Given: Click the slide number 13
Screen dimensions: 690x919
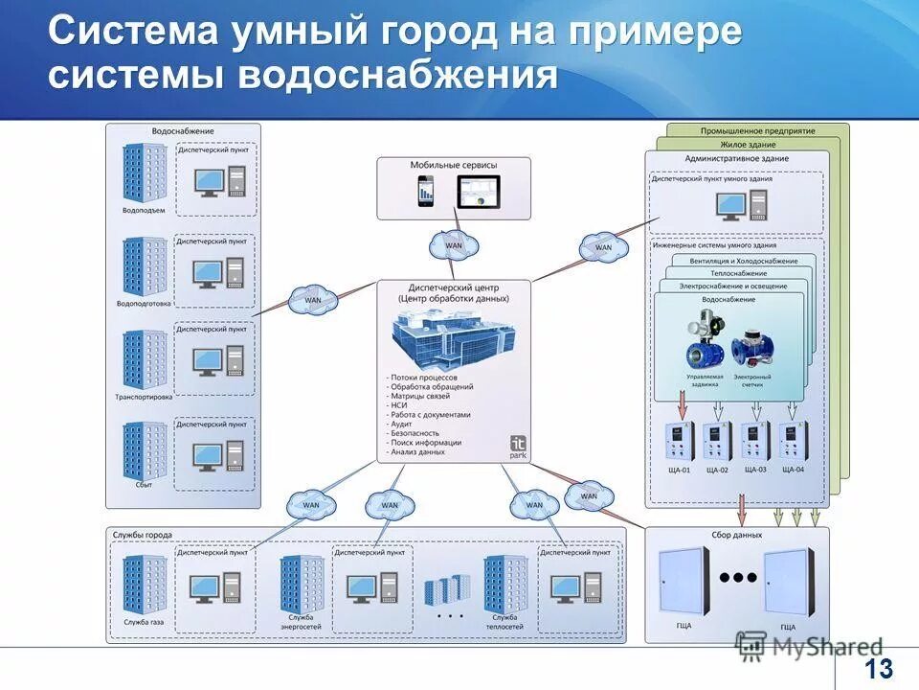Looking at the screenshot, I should [x=878, y=668].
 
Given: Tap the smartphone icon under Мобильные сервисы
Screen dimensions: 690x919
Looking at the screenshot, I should [x=426, y=193].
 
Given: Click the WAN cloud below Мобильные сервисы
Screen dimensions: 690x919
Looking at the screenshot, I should [x=454, y=245].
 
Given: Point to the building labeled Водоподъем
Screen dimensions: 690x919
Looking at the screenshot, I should [x=144, y=172].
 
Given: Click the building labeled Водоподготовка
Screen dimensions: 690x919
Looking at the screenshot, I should [x=144, y=267].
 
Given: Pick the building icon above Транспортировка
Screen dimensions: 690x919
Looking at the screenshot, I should [x=144, y=360].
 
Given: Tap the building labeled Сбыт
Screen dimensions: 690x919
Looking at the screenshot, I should [x=144, y=451].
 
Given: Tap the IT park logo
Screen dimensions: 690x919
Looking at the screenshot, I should [x=517, y=448].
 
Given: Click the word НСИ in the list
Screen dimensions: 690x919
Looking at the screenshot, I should [x=399, y=405].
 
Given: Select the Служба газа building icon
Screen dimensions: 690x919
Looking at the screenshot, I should [x=145, y=584].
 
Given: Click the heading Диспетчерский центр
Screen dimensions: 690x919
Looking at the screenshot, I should [x=454, y=287].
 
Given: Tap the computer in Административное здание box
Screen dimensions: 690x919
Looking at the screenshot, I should [x=742, y=203].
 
